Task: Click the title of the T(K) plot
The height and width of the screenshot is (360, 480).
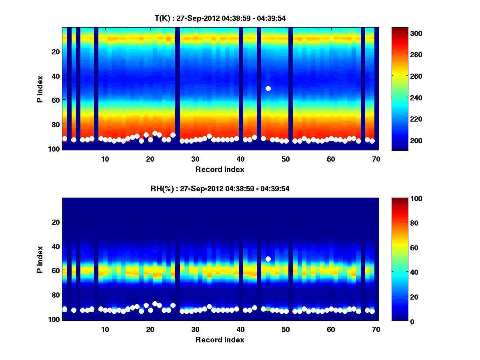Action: [x=220, y=18]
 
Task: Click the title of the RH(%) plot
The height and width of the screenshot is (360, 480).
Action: [x=220, y=188]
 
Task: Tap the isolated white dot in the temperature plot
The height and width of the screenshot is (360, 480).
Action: [x=268, y=88]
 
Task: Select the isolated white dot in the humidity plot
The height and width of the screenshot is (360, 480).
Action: [x=268, y=259]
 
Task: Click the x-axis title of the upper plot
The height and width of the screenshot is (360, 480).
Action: [x=220, y=169]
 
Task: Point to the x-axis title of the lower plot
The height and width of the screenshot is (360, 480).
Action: [x=220, y=340]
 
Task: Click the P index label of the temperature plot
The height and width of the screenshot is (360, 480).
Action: [x=40, y=89]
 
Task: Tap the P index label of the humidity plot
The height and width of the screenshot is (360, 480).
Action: [x=40, y=259]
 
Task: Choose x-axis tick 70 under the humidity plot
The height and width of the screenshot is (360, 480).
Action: [x=376, y=329]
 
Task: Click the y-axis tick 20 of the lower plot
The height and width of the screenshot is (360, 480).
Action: [x=56, y=222]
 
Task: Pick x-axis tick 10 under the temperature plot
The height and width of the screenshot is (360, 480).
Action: [x=105, y=159]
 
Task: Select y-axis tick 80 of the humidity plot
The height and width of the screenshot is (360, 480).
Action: [x=56, y=295]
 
